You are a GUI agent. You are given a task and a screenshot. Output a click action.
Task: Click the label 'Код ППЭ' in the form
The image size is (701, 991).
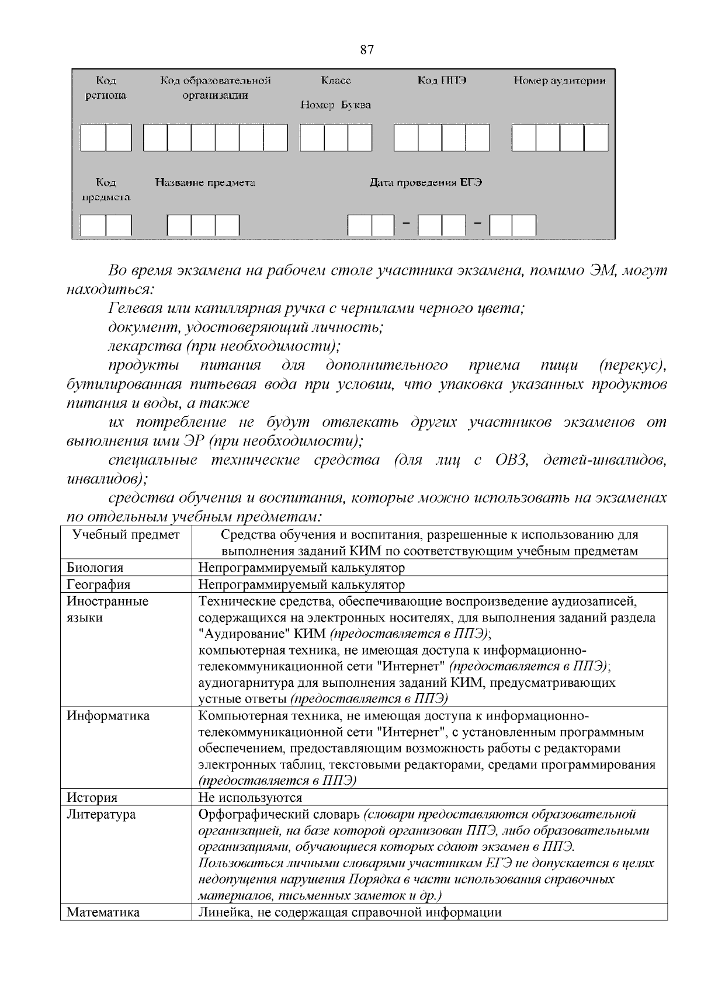tap(442, 81)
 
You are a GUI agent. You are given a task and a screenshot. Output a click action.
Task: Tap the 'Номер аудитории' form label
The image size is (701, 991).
tap(559, 81)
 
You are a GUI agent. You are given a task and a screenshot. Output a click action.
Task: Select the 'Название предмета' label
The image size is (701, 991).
tap(205, 183)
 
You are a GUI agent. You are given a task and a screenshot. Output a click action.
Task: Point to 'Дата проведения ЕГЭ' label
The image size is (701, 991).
tap(426, 183)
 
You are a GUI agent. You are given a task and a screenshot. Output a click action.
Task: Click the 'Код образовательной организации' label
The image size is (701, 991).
tap(215, 88)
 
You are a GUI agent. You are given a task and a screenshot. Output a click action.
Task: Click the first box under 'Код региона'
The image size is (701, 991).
tap(93, 138)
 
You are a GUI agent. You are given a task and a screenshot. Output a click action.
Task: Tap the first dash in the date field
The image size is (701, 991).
tap(406, 224)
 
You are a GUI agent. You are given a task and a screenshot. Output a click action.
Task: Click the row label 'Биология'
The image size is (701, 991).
tap(95, 568)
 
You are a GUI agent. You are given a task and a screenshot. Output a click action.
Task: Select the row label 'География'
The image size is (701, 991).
tap(98, 585)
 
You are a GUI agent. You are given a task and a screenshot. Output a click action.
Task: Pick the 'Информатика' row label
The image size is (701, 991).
tap(108, 716)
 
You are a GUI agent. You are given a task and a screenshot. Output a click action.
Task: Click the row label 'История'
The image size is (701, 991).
tap(92, 798)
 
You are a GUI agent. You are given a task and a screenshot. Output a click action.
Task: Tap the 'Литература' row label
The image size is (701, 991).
tap(100, 814)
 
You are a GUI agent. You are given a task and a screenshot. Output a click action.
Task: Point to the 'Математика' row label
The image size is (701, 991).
tap(103, 913)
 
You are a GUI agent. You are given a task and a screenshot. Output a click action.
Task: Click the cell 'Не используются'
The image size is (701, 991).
tap(250, 798)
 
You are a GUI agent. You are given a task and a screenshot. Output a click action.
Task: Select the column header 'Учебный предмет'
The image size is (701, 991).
tap(126, 535)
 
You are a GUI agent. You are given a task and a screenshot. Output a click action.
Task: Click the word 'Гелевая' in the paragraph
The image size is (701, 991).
tap(137, 308)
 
